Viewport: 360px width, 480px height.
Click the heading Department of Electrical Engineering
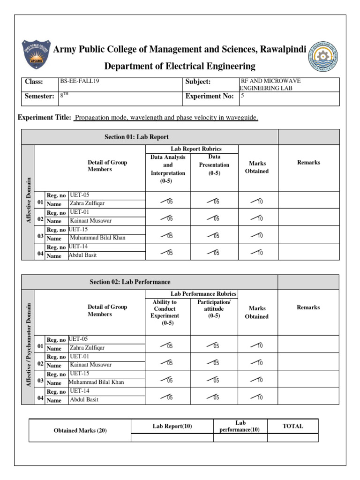click(x=180, y=66)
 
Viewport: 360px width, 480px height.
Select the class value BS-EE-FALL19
click(x=80, y=81)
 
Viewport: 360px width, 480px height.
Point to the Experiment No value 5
click(x=242, y=96)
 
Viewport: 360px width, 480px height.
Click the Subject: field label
click(x=198, y=82)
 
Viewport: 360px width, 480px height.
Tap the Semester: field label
click(x=39, y=96)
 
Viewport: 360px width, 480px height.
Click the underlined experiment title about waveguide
click(x=166, y=118)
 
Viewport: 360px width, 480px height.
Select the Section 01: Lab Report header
click(x=136, y=137)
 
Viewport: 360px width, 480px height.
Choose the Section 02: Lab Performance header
click(x=130, y=282)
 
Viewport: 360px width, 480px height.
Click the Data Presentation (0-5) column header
click(x=214, y=165)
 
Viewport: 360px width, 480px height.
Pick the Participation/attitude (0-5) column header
click(x=214, y=309)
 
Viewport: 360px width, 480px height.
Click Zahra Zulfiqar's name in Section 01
click(x=88, y=203)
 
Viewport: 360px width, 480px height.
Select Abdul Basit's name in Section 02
click(x=84, y=400)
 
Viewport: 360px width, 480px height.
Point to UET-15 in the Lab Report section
click(x=78, y=229)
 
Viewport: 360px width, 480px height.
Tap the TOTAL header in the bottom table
click(x=292, y=426)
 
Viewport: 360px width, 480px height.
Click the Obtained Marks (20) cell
click(x=80, y=430)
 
